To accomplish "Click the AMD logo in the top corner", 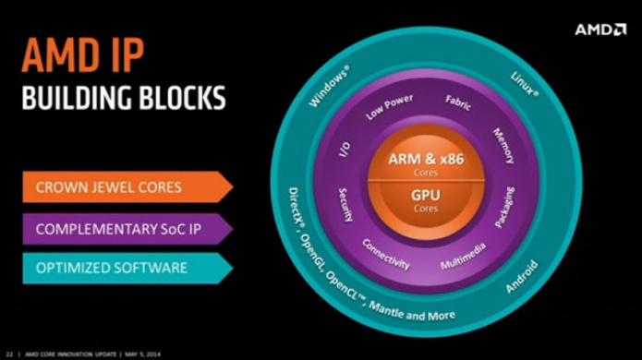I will tap(600, 30).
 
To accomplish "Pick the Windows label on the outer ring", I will tap(330, 85).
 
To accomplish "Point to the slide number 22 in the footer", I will tap(9, 353).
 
